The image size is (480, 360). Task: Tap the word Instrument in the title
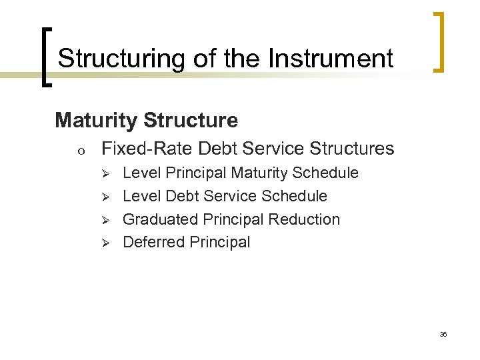tap(331, 59)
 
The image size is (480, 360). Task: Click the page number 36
tap(443, 333)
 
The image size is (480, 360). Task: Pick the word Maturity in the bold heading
tap(97, 120)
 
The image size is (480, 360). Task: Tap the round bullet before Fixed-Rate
tap(81, 150)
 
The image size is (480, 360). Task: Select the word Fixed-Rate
tap(147, 148)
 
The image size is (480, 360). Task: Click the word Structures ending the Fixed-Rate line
tap(351, 148)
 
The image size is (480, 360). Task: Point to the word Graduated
tap(155, 219)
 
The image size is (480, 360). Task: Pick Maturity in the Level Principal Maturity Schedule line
tap(259, 173)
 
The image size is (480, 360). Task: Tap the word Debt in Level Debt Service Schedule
tap(183, 196)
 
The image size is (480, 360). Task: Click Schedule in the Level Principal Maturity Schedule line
tap(325, 173)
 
